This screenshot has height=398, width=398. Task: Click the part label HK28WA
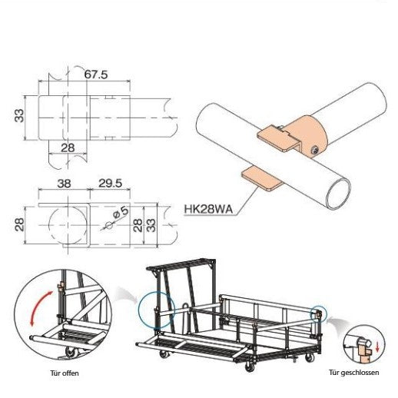point(206,207)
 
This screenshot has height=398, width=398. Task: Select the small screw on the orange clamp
point(314,148)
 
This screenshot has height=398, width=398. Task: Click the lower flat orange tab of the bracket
point(260,177)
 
